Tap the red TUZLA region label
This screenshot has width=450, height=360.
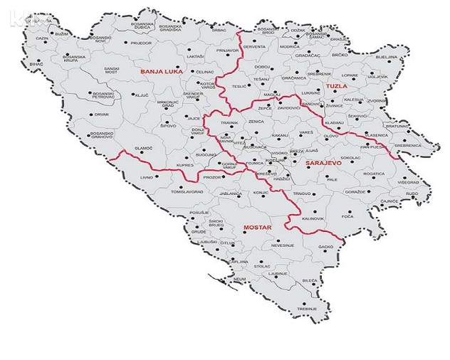[335, 86]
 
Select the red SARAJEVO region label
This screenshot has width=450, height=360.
[324, 163]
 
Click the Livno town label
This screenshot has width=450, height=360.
[147, 176]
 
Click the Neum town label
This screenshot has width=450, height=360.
[240, 278]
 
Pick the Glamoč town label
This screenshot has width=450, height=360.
[144, 147]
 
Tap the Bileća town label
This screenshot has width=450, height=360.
[310, 281]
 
